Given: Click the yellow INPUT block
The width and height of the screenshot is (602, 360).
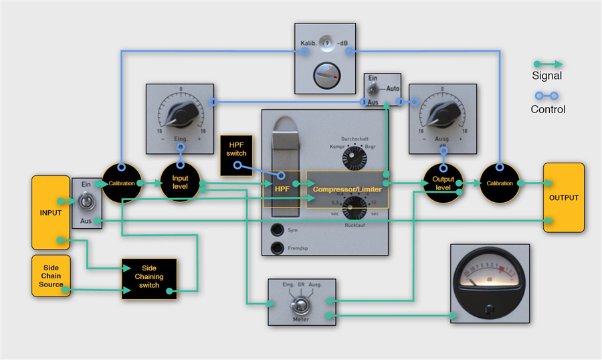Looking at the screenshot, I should (51, 213).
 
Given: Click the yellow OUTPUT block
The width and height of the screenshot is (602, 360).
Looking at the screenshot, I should (563, 197).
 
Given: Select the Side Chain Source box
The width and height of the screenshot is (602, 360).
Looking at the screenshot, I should (50, 275).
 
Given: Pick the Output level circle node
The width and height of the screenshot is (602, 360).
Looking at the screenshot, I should (443, 183).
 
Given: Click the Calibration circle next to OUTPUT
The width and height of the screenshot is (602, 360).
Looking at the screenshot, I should (500, 183).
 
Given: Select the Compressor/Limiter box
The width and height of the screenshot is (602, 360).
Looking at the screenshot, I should (347, 189).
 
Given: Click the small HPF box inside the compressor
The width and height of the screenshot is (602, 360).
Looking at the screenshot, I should (282, 189).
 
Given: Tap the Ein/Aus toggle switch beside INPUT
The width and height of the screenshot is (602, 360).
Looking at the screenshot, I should (87, 201).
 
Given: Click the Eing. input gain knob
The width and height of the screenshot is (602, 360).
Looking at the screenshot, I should (180, 116).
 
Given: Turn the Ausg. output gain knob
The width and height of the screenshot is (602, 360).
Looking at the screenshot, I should (442, 117).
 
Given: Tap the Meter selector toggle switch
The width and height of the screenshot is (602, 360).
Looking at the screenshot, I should (301, 308).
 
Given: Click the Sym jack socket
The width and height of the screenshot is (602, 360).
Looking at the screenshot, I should (276, 230).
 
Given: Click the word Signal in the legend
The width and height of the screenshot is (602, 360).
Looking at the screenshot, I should (546, 76).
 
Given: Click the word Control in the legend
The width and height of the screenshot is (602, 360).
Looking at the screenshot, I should (548, 109).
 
